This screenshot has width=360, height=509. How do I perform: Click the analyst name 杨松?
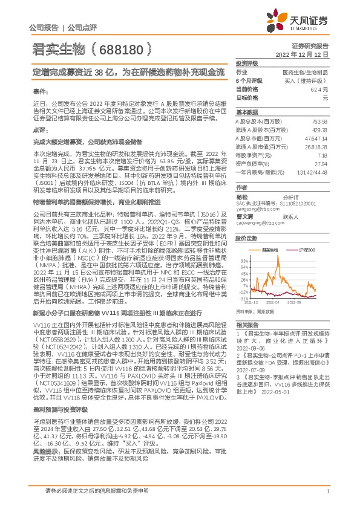pos(241,197)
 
